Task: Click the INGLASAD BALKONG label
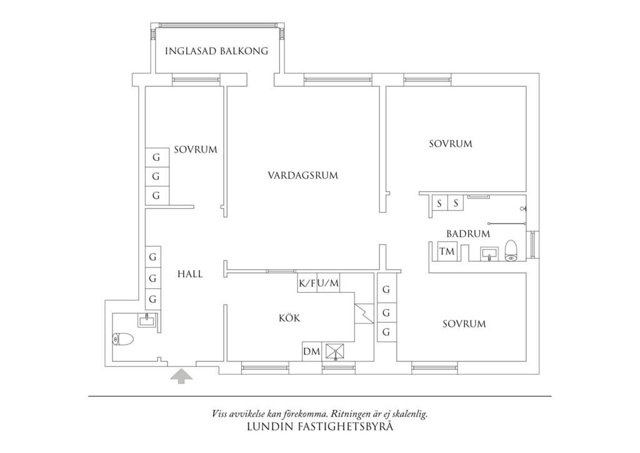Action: tap(216, 51)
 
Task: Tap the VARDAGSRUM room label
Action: tap(302, 176)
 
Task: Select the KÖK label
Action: tap(289, 318)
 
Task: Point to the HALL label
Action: tap(189, 274)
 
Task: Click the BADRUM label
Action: tap(467, 234)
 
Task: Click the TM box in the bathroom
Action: tap(446, 252)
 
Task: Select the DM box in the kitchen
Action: tap(311, 352)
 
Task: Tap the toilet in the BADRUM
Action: tap(511, 250)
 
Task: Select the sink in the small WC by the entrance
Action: tap(147, 322)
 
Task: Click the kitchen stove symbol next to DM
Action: tap(335, 352)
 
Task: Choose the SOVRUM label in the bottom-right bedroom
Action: tap(464, 324)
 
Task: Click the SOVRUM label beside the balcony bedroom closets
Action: tap(196, 150)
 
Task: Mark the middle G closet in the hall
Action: tap(152, 278)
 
